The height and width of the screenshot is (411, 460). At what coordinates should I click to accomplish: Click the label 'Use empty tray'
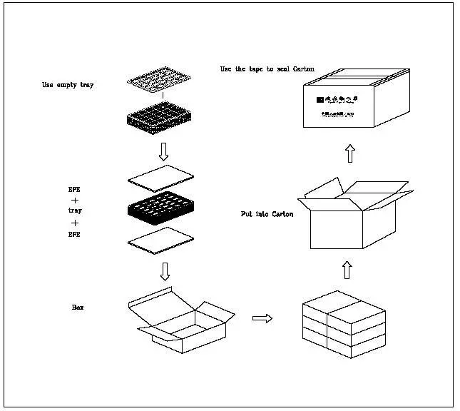point(67,86)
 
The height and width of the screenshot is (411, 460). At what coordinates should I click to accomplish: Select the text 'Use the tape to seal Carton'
point(267,69)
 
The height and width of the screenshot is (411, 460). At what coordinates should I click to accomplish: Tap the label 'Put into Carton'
point(267,214)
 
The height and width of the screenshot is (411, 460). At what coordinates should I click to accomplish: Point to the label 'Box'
point(78,307)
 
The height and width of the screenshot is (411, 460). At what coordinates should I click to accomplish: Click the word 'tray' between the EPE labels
point(75,211)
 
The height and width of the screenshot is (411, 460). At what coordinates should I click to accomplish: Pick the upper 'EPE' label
point(74,191)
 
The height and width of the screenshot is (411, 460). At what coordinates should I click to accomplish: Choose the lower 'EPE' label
point(74,233)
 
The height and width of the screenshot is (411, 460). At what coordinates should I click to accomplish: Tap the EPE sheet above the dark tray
point(160,178)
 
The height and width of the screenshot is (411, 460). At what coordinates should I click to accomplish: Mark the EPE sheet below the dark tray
point(160,240)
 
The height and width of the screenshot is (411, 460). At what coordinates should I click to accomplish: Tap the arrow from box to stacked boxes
point(262,318)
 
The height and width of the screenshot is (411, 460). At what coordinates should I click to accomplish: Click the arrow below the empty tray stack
point(163,151)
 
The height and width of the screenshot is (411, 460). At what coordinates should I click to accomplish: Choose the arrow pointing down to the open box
point(164,271)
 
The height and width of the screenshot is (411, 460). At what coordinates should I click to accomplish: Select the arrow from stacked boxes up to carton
point(347,270)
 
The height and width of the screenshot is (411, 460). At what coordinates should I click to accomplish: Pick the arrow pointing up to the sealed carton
point(349,153)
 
